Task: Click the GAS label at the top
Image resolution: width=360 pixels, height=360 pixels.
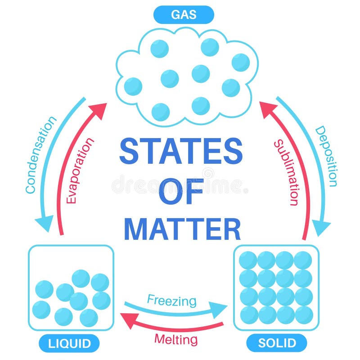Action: pos(183,14)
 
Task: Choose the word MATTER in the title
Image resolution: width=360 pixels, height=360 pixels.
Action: pos(182,229)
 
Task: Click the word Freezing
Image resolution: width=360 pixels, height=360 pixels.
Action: pos(172,300)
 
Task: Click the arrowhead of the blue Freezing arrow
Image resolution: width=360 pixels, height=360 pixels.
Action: pos(220,310)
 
